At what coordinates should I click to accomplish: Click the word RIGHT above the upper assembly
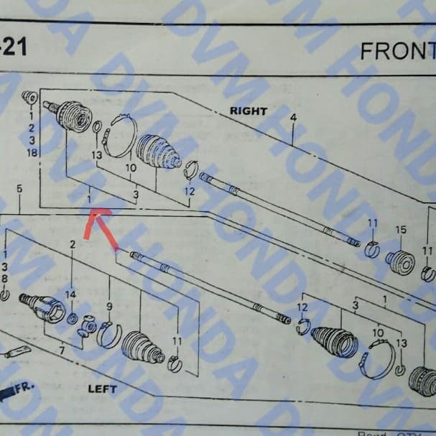248,111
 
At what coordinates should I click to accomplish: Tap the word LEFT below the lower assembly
102,389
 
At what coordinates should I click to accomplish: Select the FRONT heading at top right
397,51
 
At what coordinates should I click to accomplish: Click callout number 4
293,117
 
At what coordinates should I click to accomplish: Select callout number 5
19,188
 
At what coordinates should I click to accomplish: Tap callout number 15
401,229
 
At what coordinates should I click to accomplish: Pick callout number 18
32,153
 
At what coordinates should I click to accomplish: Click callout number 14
70,294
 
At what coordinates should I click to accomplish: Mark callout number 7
62,350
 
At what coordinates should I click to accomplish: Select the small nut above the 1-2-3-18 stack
29,97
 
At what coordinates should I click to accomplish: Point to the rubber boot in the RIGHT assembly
157,151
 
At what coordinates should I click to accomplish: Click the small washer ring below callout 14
72,317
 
